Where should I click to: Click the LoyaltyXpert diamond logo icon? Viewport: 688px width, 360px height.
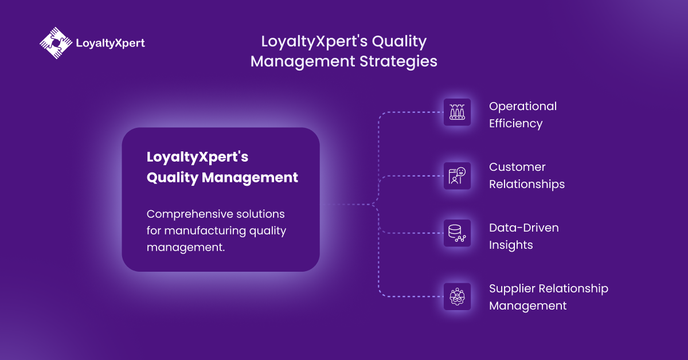point(56,43)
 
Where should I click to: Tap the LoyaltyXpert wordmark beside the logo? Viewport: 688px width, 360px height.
point(110,43)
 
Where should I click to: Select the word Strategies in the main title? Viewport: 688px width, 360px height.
point(398,62)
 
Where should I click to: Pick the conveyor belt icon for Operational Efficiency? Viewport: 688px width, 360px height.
point(457,112)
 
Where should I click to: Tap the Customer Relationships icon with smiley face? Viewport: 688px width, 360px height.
point(457,175)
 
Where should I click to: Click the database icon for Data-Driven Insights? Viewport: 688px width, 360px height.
point(457,233)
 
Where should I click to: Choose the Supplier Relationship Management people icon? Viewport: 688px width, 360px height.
point(457,297)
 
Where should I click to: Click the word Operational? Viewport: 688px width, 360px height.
point(523,107)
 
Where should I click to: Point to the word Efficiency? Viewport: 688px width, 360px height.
point(515,124)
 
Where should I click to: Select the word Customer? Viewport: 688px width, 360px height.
point(517,167)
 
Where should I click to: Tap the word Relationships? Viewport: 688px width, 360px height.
point(527,185)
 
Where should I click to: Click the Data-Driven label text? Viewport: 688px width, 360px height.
point(523,228)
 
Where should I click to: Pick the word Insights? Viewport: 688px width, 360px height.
point(511,245)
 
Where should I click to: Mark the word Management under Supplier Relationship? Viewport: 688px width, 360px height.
point(527,306)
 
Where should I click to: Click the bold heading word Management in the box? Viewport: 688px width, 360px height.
point(250,178)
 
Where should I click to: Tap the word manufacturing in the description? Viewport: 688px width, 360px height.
point(205,230)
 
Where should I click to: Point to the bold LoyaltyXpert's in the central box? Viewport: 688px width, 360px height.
point(197,157)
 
